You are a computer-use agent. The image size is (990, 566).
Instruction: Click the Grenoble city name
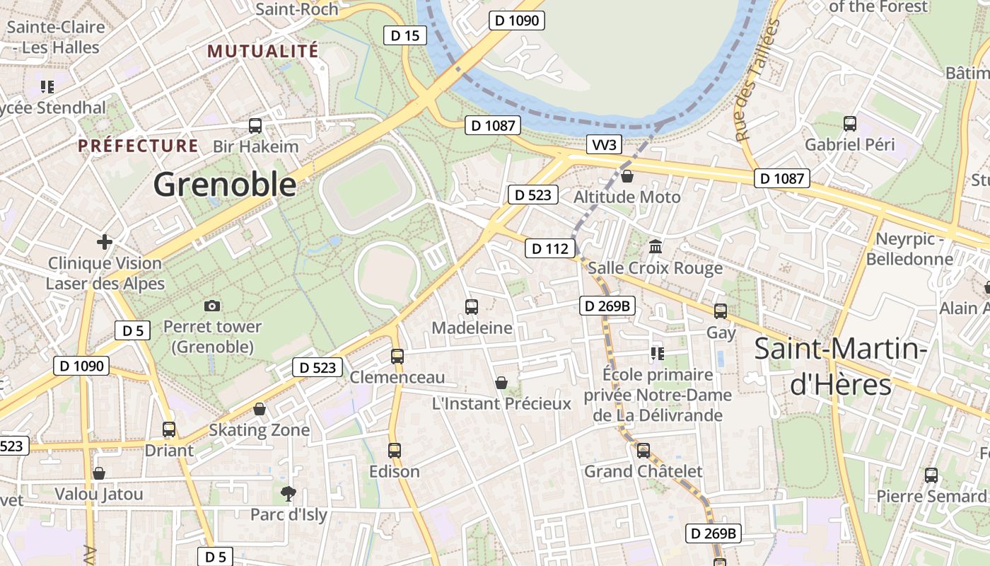tap(225, 185)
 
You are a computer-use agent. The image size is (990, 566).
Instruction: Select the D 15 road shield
tap(405, 35)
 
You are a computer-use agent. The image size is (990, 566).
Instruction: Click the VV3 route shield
tap(605, 145)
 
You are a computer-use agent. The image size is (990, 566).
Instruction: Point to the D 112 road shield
tap(549, 248)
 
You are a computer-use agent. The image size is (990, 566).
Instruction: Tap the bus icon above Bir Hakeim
tap(255, 126)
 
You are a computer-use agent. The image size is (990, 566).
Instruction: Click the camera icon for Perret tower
tap(211, 306)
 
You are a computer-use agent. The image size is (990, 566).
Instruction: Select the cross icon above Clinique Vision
tap(105, 242)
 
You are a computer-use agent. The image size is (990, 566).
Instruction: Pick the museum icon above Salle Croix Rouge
tap(656, 247)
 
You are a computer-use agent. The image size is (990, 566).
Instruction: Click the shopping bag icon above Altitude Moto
tap(627, 176)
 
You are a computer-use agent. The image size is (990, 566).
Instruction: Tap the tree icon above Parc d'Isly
tap(288, 493)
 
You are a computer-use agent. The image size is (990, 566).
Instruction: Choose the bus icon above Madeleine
tap(472, 306)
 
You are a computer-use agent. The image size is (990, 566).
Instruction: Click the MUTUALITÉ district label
tap(263, 51)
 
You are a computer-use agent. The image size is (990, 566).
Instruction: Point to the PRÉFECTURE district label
tap(139, 146)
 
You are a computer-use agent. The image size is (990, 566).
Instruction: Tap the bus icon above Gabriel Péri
tap(850, 124)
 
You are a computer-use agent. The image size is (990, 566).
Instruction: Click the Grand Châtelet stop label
tap(643, 471)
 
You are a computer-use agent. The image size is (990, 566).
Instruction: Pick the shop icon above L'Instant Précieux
tap(501, 383)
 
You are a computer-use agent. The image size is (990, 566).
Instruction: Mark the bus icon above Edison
tap(395, 450)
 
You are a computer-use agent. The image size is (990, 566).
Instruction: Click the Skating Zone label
tap(260, 430)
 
